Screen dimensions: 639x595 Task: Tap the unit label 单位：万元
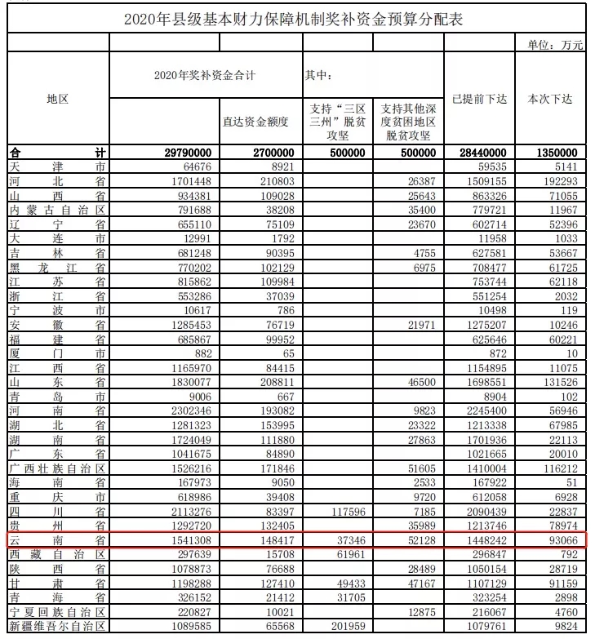pyautogui.click(x=555, y=46)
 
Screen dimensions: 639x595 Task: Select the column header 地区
pyautogui.click(x=57, y=99)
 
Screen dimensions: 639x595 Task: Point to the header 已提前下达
pyautogui.click(x=479, y=99)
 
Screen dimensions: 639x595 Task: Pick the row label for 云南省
pyautogui.click(x=57, y=540)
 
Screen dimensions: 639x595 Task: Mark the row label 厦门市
pyautogui.click(x=57, y=353)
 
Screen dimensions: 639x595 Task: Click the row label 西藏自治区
pyautogui.click(x=57, y=554)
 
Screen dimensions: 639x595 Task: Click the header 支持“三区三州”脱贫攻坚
pyautogui.click(x=337, y=122)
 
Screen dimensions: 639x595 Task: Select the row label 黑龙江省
pyautogui.click(x=57, y=267)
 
